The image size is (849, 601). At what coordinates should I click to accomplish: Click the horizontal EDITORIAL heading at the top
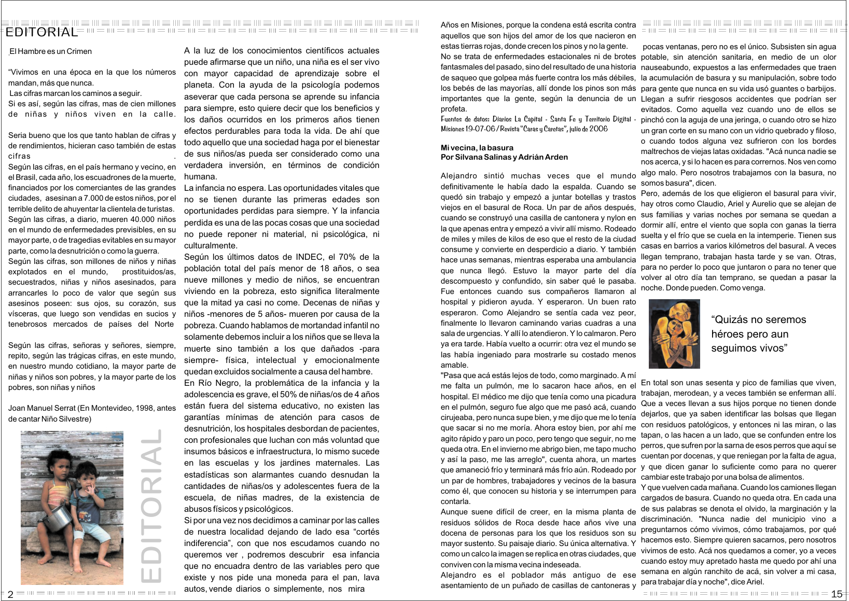pos(41,33)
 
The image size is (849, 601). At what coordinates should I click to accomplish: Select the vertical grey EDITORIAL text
pos(152,505)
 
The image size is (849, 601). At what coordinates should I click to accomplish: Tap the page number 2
pos(10,594)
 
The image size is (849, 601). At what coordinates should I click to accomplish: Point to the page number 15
pos(836,594)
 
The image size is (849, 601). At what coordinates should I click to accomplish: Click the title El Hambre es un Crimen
pos(51,51)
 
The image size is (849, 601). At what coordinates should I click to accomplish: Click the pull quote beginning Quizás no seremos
pos(758,334)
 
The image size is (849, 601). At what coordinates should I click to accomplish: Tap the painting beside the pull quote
pos(674,333)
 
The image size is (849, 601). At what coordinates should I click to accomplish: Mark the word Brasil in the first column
pos(25,177)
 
